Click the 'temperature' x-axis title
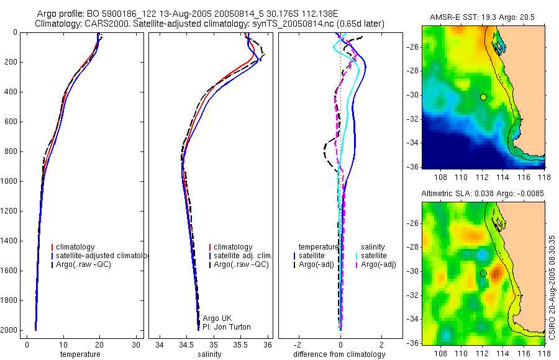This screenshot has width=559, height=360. (x=80, y=354)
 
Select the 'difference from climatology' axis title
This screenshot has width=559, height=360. (x=340, y=354)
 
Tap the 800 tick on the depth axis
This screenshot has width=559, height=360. (x=12, y=151)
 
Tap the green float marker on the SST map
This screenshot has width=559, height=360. (x=483, y=97)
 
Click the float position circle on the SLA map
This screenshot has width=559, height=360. (x=483, y=273)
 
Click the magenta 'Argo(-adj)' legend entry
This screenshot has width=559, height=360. (x=378, y=264)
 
